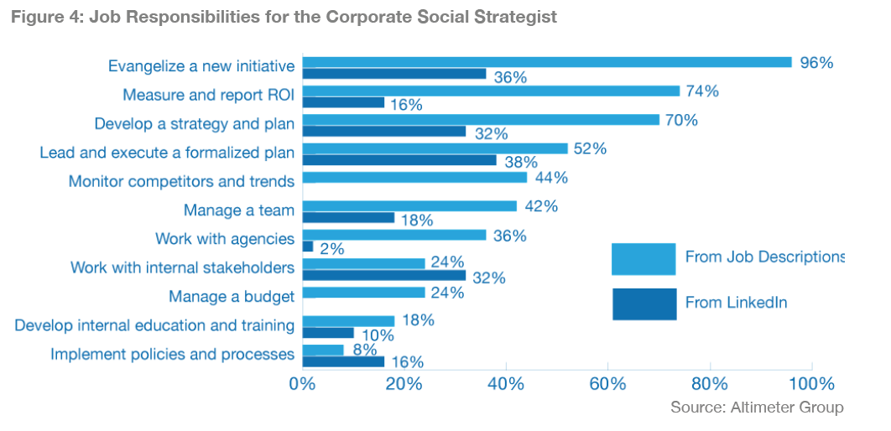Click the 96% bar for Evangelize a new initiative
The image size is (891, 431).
546,62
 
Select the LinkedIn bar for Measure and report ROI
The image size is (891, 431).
343,102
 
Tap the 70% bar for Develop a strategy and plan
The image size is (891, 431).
480,119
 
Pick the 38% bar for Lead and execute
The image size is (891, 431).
399,160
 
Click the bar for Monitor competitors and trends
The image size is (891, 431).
414,177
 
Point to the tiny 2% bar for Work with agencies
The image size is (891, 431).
307,247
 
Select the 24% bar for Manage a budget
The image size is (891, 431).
363,293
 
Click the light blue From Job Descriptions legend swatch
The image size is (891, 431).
643,259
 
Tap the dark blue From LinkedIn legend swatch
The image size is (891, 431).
643,304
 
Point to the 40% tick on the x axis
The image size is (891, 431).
506,385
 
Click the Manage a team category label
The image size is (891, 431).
239,210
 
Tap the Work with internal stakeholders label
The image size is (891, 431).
182,267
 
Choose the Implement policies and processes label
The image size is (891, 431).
172,354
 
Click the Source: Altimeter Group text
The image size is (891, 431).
757,408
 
